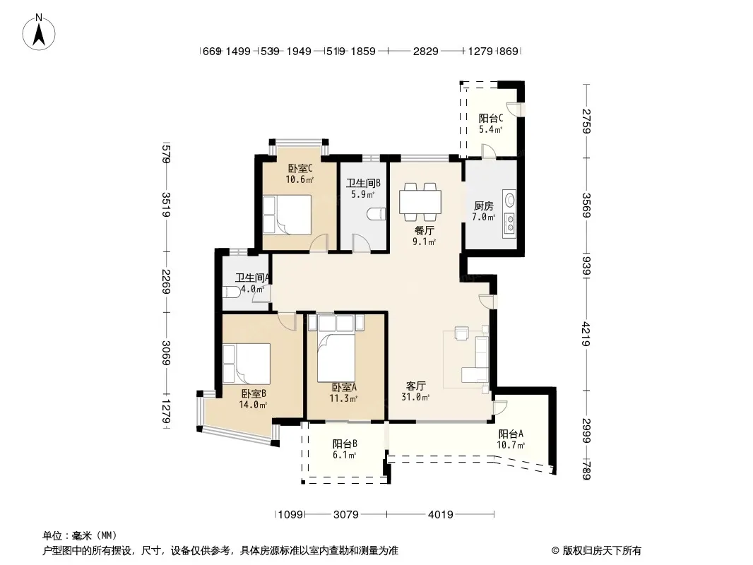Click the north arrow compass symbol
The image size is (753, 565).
tap(39, 32)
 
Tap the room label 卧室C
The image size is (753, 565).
tap(300, 169)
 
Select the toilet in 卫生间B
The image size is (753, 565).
tap(376, 213)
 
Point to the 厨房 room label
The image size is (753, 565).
tap(484, 206)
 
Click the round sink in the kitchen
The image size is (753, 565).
tap(509, 198)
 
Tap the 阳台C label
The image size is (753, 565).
tap(491, 118)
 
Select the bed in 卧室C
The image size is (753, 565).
tap(287, 215)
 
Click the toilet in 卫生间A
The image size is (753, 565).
tap(232, 292)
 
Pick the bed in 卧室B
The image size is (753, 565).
tap(247, 363)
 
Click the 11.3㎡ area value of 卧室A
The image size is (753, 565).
tap(343, 398)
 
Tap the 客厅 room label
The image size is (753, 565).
tap(416, 386)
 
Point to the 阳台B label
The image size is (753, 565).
tap(345, 444)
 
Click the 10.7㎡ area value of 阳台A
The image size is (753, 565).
tap(511, 445)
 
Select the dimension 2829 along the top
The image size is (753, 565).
tap(425, 51)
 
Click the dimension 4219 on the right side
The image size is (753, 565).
tap(586, 333)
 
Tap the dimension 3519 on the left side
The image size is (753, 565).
tap(166, 205)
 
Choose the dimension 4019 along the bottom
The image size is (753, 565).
tap(440, 515)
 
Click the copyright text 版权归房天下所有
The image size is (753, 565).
tap(602, 551)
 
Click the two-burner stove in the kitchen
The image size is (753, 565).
tap(509, 223)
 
